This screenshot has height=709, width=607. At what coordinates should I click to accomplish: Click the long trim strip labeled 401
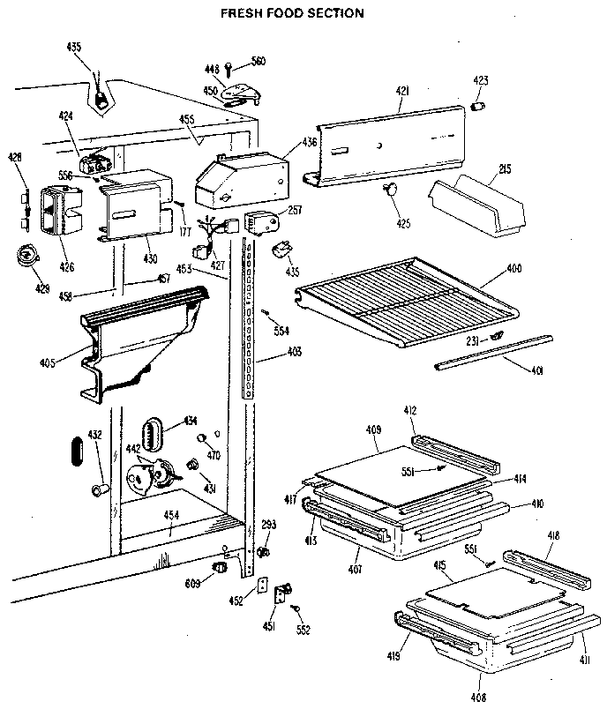(x=494, y=350)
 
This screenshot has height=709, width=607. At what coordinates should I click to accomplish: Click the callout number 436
(x=309, y=141)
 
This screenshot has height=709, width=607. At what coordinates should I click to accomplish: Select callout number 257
(x=295, y=212)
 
